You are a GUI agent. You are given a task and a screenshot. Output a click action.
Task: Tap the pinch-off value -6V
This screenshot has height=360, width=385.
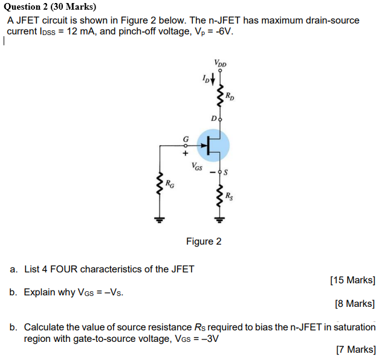pyautogui.click(x=224, y=31)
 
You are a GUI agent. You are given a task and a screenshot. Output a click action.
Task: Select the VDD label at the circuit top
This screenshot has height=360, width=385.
pyautogui.click(x=220, y=63)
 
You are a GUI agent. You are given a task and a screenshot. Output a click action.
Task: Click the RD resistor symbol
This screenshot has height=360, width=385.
pyautogui.click(x=220, y=95)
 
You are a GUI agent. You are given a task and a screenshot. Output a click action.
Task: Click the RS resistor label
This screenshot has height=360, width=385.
pyautogui.click(x=230, y=196)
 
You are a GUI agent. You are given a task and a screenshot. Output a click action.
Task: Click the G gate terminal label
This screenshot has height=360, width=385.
pyautogui.click(x=186, y=138)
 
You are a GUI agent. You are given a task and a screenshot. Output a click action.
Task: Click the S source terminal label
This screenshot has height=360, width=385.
pyautogui.click(x=226, y=173)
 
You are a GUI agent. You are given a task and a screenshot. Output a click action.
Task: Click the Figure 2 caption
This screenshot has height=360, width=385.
pyautogui.click(x=204, y=242)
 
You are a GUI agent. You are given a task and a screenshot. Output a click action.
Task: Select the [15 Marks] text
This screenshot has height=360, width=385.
pyautogui.click(x=352, y=280)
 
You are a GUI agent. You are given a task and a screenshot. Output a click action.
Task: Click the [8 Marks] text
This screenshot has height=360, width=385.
pyautogui.click(x=355, y=303)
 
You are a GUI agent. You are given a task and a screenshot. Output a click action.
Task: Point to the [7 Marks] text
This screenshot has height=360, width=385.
pyautogui.click(x=355, y=349)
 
